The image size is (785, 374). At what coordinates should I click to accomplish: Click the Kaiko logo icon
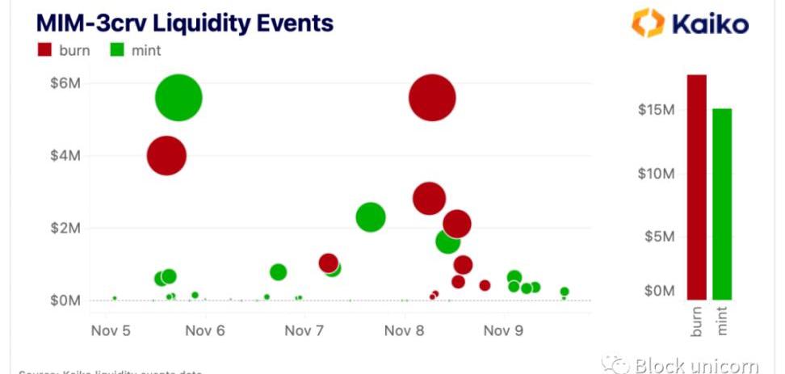[x=647, y=23]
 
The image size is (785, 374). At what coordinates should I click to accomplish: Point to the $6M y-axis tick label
[x=64, y=83]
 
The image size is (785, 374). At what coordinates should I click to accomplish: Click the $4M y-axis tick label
[x=64, y=156]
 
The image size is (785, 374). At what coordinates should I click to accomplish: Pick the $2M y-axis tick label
[x=64, y=229]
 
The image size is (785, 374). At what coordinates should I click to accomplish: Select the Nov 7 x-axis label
[x=304, y=330]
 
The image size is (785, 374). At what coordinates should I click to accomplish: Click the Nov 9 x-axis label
[x=502, y=330]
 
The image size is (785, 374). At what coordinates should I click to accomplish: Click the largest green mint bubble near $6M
[x=178, y=97]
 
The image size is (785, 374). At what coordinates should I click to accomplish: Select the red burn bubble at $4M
[x=166, y=156]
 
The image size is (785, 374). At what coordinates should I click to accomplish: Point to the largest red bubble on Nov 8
[x=432, y=97]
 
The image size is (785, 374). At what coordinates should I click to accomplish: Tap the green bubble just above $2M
[x=370, y=216]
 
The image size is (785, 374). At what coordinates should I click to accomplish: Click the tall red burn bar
[x=697, y=187]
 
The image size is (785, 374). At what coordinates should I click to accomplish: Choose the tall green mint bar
[x=722, y=204]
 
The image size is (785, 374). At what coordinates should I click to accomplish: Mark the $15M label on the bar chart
[x=656, y=110]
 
